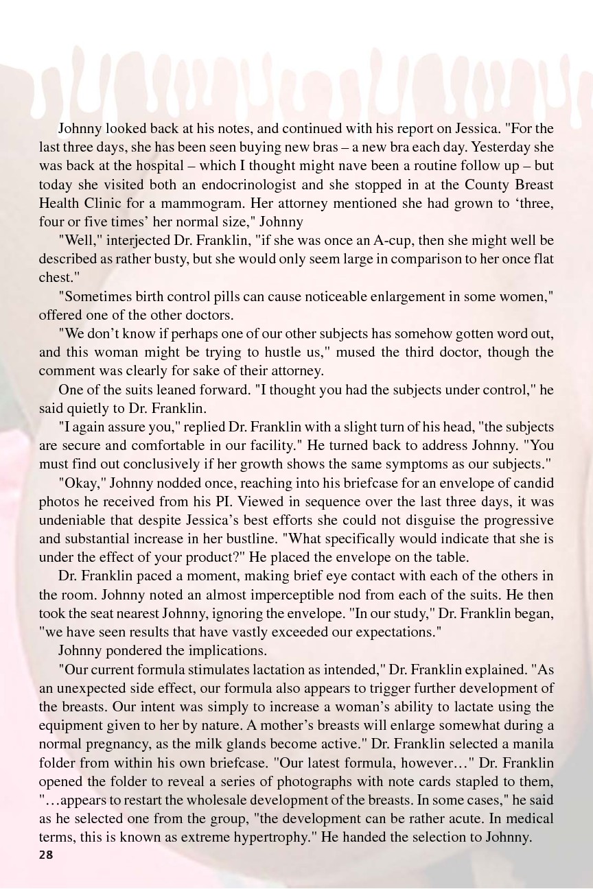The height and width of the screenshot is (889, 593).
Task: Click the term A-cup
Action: coord(416,241)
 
